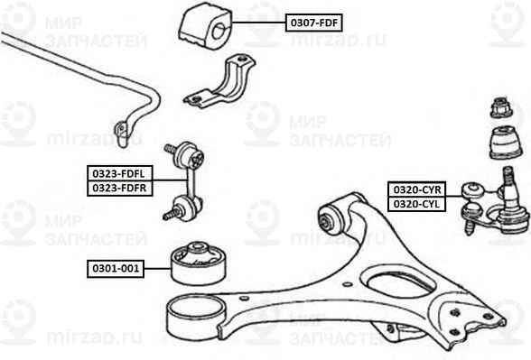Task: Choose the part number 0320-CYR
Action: pos(415,189)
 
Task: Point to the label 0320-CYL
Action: pos(415,204)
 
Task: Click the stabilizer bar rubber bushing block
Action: pos(207,26)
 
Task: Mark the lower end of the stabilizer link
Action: pos(176,215)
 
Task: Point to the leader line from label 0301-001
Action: pos(158,268)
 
